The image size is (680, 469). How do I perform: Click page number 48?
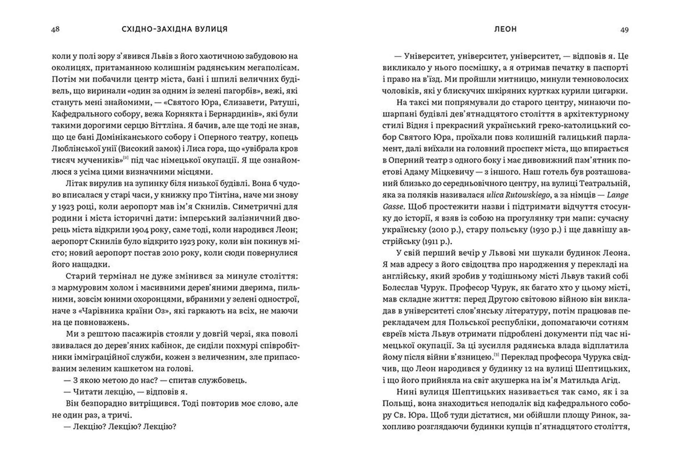click(x=55, y=29)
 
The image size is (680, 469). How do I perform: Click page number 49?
click(x=624, y=30)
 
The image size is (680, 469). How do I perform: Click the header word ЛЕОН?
click(x=505, y=29)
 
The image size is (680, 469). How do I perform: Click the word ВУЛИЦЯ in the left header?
click(x=211, y=29)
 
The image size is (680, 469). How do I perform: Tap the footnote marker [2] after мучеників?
click(x=125, y=158)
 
